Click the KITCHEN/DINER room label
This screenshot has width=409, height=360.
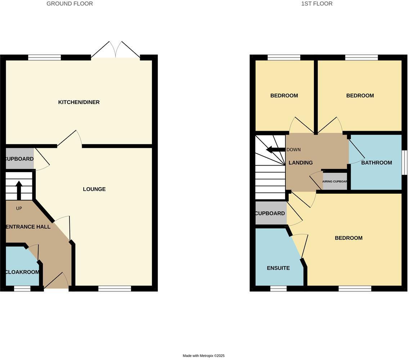(79, 102)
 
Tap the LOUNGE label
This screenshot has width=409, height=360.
(94, 189)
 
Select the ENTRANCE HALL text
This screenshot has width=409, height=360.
(28, 227)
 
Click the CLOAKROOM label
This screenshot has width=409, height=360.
(22, 272)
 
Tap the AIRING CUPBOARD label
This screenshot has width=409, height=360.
(334, 181)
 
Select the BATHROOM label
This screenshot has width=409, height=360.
(376, 163)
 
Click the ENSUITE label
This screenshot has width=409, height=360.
(278, 268)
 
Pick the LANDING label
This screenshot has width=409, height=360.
(301, 163)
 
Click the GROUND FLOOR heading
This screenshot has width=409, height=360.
(69, 4)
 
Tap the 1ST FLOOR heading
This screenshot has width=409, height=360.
(317, 4)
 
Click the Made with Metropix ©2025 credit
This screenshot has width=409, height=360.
(203, 356)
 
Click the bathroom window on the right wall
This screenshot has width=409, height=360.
(404, 162)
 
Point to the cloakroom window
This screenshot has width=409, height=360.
(22, 288)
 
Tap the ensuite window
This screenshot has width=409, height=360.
(278, 288)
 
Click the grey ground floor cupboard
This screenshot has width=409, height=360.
(20, 159)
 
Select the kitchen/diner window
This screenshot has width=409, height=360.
(44, 57)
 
